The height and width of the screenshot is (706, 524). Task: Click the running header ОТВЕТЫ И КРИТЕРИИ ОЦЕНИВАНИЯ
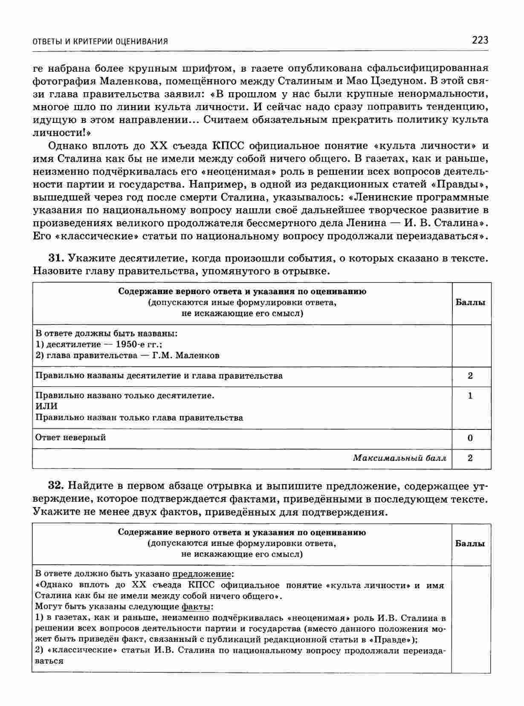100,41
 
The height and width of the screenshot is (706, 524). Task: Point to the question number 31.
56,258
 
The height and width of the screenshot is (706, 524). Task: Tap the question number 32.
56,486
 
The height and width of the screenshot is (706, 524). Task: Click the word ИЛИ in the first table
46,406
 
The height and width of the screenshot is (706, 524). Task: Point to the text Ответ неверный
70,438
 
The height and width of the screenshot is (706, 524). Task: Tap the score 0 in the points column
470,438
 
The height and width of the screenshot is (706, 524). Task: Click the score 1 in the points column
470,396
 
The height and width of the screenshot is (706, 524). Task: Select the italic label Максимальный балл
400,458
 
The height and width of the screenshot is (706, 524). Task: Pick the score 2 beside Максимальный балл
470,458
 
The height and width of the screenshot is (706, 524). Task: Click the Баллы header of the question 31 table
470,303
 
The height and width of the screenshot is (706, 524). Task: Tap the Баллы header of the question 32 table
470,543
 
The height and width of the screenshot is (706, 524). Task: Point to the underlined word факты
196,607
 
